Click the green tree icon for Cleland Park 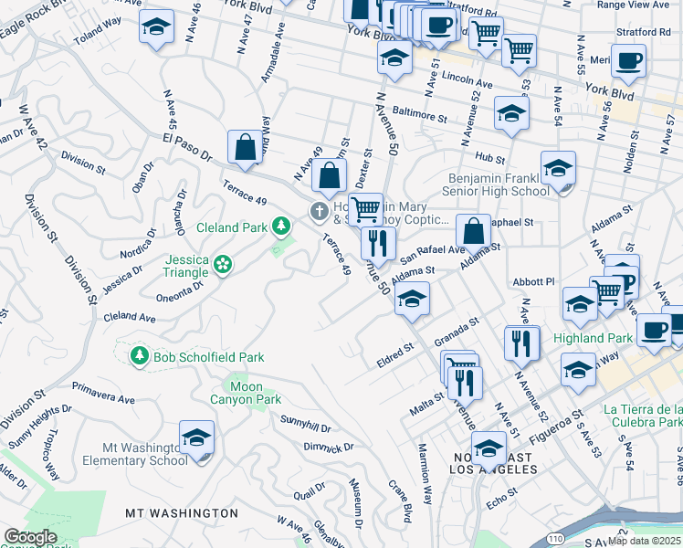282,225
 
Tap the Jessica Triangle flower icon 223,265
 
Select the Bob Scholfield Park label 196,356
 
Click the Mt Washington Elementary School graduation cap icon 196,439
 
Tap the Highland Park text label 593,338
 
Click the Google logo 31,537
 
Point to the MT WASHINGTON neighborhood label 182,513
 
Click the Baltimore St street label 419,117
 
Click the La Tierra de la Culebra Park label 642,416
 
